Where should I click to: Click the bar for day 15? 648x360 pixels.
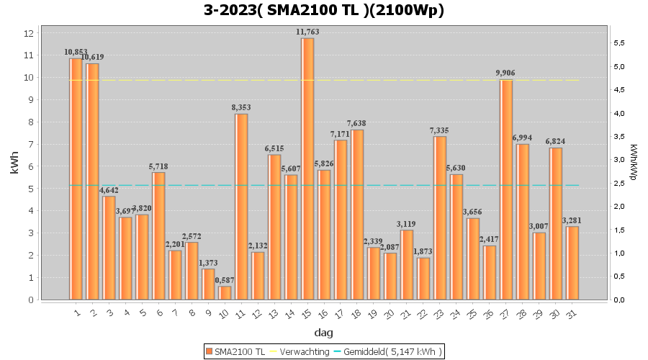coord(307,169)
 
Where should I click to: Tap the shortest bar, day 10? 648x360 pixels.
coord(225,292)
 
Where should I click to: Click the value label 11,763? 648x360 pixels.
coord(307,32)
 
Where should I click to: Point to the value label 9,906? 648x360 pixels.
coord(505,73)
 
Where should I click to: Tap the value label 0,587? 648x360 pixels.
coord(225,280)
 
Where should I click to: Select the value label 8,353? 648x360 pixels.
coord(241,107)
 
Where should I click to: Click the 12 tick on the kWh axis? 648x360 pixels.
coord(29,33)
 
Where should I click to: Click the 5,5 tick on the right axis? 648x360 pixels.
coord(618,43)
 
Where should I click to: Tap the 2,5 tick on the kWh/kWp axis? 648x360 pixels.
coord(618,183)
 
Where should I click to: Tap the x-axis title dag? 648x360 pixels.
coord(323,333)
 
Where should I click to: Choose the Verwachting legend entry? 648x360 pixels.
coord(296,351)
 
